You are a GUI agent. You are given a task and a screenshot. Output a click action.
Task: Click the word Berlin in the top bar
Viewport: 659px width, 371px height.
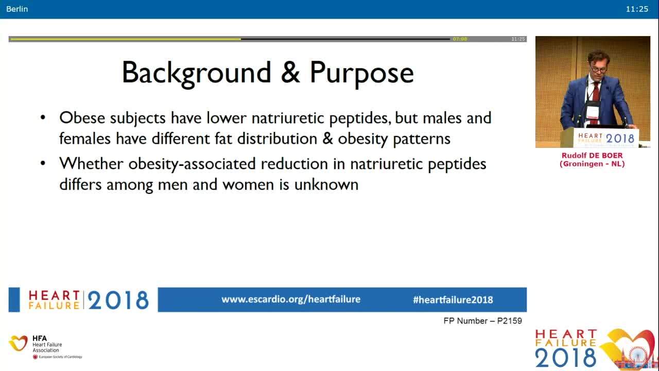(x=17, y=9)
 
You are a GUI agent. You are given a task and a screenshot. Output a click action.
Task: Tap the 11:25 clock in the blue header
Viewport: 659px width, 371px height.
(x=637, y=9)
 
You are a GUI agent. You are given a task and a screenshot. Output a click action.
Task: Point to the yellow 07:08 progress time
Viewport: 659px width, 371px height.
(x=460, y=39)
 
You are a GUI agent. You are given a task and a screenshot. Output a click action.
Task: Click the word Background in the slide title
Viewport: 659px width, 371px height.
(x=196, y=73)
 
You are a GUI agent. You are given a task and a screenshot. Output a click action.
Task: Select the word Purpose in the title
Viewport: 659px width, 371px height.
(x=361, y=73)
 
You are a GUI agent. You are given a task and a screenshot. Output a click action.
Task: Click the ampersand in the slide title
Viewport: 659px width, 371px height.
(x=290, y=72)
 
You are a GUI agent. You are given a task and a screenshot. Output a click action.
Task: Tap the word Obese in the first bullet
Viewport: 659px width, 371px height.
(x=82, y=118)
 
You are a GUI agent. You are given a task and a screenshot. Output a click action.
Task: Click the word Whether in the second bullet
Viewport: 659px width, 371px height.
(x=91, y=163)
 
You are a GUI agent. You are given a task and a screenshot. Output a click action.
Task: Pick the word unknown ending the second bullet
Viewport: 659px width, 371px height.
(x=326, y=184)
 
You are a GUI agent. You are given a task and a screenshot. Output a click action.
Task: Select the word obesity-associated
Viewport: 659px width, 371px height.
(x=192, y=164)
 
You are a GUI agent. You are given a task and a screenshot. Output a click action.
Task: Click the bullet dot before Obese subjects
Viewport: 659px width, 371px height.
(x=43, y=118)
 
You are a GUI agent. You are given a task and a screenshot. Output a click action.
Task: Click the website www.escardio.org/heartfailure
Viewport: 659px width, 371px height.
(x=291, y=299)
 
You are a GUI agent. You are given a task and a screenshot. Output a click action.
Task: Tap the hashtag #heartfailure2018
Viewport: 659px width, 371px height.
(x=453, y=300)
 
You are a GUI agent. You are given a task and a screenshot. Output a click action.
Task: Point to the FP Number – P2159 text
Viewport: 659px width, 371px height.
(x=483, y=321)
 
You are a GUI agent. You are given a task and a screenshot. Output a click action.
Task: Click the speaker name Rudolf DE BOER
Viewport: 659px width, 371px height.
(x=592, y=156)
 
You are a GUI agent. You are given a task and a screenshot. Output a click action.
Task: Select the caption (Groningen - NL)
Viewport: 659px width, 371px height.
(x=592, y=164)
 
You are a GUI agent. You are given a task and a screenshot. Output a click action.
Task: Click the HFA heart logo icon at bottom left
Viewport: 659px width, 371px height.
(x=18, y=343)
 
